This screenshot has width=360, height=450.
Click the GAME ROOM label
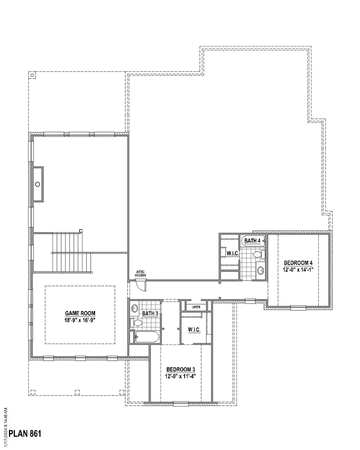tap(80, 313)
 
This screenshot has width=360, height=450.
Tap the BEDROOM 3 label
tap(180, 369)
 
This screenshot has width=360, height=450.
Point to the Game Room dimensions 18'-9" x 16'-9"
tap(80, 320)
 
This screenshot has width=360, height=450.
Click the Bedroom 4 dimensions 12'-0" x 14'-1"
tap(298, 270)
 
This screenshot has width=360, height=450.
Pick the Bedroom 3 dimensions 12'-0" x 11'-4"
tap(180, 377)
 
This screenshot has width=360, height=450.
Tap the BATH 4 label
tap(252, 241)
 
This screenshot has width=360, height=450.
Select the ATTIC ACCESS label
tap(140, 274)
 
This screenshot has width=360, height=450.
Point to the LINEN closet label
tap(196, 307)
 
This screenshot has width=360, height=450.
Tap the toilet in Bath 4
tap(259, 255)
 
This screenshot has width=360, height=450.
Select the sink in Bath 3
tap(134, 308)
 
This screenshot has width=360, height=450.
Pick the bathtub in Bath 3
tap(147, 337)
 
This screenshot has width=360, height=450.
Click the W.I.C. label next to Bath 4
tap(233, 253)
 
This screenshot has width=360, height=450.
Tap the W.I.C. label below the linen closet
tap(194, 330)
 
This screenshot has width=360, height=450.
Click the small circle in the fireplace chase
tap(38, 184)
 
